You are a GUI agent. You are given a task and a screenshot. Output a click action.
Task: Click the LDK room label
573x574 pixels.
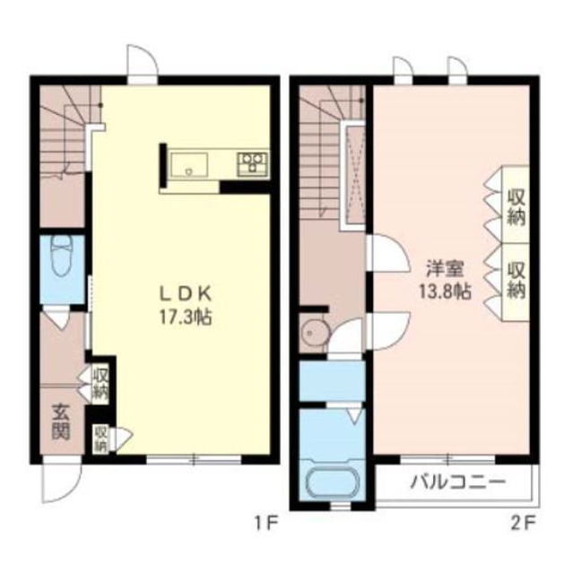tap(185, 293)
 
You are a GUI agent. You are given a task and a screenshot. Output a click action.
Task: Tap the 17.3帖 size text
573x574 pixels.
tap(186, 317)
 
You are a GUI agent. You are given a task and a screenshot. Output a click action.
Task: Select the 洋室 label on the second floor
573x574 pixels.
tap(446, 269)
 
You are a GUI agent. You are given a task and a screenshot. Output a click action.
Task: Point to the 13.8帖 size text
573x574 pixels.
tap(445, 291)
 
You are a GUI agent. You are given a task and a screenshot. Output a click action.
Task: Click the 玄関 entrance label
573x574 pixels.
tap(61, 422)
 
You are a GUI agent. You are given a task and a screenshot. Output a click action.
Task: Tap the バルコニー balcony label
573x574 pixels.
tap(458, 483)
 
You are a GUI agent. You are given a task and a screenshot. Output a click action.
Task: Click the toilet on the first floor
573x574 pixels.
tap(62, 256)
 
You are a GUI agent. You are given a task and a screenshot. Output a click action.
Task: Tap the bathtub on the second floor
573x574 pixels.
tap(333, 483)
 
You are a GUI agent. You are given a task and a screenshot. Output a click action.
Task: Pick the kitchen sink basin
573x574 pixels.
tap(189, 165)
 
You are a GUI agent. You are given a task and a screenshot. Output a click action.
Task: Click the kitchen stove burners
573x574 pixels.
tap(253, 162)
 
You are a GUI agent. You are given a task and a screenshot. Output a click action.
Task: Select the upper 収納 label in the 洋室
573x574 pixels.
tap(516, 207)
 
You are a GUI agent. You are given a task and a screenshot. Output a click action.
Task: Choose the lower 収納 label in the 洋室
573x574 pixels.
tap(516, 281)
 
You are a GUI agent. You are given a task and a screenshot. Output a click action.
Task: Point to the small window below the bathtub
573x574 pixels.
tap(341, 506)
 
